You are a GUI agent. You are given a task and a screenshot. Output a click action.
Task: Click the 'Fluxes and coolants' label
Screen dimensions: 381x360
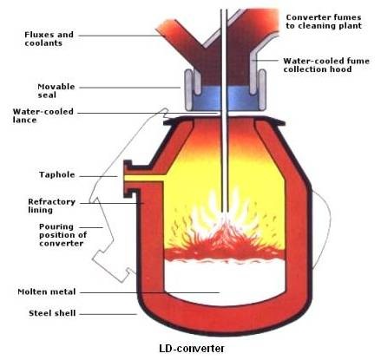point(49,39)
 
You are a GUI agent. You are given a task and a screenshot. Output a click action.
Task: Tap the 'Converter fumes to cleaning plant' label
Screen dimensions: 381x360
point(324,22)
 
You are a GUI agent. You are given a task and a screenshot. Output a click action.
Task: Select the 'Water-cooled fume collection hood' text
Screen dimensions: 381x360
point(326,65)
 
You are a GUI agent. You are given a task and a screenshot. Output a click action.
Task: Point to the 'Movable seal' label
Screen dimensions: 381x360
point(56,91)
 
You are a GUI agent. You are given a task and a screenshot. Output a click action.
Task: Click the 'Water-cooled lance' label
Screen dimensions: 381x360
point(43,115)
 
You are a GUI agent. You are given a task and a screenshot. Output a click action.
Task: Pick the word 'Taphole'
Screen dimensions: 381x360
point(57,175)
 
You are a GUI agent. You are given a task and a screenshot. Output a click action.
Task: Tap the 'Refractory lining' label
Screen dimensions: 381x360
point(51,206)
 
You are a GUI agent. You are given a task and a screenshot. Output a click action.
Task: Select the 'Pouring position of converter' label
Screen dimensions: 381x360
point(62,235)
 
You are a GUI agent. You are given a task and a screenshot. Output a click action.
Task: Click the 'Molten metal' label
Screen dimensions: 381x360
point(47,291)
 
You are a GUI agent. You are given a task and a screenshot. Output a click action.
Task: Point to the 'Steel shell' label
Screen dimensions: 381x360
point(52,313)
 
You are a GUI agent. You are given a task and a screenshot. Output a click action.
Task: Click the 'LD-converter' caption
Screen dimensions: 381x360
point(192,349)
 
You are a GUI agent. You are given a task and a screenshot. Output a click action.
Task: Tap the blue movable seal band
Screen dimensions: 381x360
point(225,99)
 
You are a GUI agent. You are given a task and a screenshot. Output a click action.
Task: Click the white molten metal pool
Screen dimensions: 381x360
point(225,280)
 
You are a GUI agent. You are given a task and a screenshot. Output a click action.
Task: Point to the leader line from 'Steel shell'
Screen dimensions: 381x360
point(108,314)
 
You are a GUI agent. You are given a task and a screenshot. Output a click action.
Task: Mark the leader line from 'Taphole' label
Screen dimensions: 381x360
point(99,176)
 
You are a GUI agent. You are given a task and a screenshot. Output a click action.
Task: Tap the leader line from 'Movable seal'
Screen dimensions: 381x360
point(130,88)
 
